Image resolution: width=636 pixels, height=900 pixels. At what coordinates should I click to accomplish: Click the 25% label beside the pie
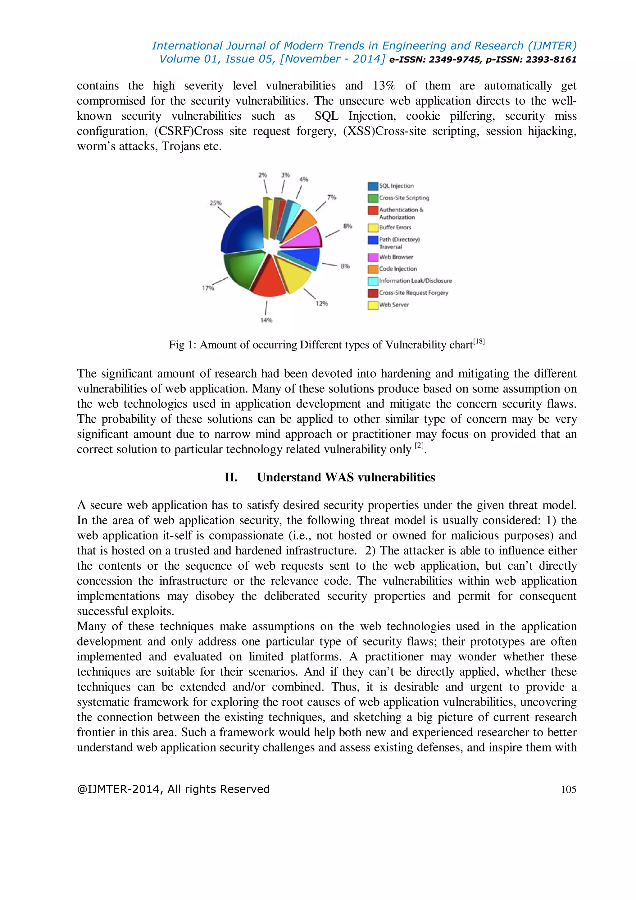point(216,203)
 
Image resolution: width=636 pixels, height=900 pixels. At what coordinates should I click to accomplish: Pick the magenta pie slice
point(303,237)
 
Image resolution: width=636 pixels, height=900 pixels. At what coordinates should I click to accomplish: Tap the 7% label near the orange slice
point(331,197)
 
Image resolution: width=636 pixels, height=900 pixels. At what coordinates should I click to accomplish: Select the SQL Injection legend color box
point(373,186)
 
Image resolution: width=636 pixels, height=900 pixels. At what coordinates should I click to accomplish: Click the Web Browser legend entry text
point(396,257)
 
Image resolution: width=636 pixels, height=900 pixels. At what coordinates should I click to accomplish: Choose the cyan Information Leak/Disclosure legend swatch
point(373,281)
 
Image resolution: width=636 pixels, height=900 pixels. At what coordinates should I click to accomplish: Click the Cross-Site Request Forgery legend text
point(413,293)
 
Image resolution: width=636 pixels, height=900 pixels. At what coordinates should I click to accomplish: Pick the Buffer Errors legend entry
point(395,227)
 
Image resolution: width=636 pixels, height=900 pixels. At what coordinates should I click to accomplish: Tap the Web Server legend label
point(393,305)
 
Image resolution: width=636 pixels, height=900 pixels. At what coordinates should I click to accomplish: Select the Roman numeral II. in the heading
point(231,477)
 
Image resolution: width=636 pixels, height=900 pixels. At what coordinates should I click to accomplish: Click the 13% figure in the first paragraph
point(384,85)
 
